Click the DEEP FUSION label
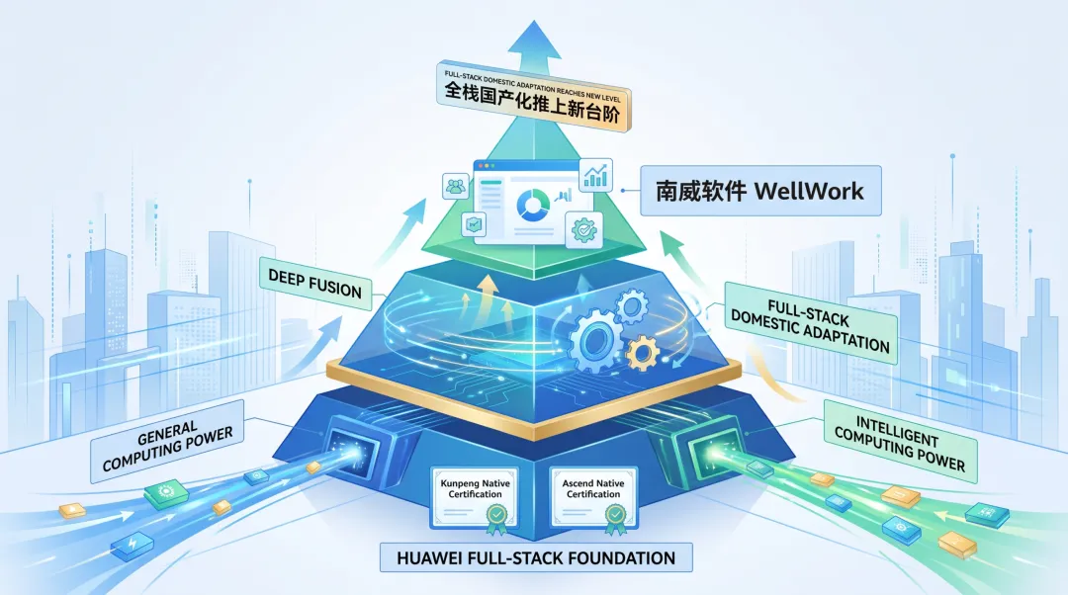[x=314, y=284]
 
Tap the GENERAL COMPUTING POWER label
[x=167, y=441]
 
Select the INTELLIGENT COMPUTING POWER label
[x=901, y=442]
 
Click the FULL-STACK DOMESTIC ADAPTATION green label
[x=811, y=322]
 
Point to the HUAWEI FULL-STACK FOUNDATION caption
[x=536, y=557]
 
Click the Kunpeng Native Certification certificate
[x=475, y=498]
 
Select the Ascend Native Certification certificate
[x=593, y=498]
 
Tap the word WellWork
[x=809, y=191]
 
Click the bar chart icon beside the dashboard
[x=595, y=175]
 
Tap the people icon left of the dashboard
[x=456, y=186]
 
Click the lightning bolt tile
[x=133, y=544]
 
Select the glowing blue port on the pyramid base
[x=353, y=450]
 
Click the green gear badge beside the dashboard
[x=583, y=229]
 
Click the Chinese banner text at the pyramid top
[x=533, y=102]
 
